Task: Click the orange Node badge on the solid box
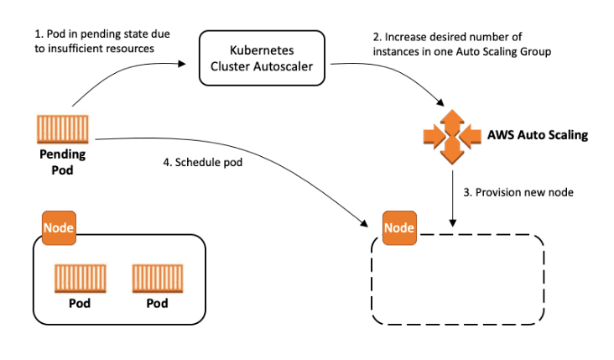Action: pyautogui.click(x=59, y=227)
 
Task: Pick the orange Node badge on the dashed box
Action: pyautogui.click(x=399, y=227)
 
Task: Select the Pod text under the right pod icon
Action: pyautogui.click(x=158, y=303)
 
